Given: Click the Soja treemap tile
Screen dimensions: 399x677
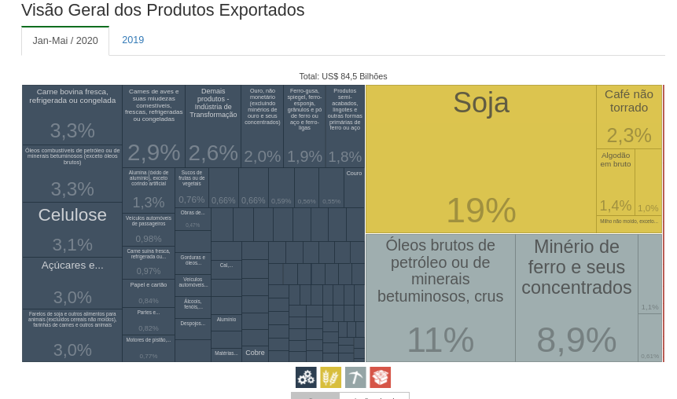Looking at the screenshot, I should point(480,157).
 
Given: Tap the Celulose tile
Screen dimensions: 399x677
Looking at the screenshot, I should point(72,229).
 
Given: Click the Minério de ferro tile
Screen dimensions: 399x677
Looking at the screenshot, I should point(576,297).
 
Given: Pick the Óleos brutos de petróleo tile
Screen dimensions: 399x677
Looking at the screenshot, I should point(440,297).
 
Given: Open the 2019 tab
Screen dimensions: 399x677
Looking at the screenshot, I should point(133,40).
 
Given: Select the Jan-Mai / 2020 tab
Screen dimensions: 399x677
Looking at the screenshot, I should point(65,41).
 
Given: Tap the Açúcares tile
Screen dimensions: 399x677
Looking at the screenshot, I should point(72,283).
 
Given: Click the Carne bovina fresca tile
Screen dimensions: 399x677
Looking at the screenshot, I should point(72,115).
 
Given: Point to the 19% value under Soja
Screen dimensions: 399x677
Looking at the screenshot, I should point(480,210).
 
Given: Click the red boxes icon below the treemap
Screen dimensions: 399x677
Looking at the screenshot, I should point(381,378).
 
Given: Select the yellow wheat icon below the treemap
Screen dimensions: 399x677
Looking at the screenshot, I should point(330,378).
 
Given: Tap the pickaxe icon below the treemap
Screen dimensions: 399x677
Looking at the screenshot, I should point(355,378).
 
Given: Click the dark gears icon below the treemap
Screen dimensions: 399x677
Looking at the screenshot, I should point(306,378).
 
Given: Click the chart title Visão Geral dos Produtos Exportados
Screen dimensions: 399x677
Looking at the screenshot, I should point(163,10).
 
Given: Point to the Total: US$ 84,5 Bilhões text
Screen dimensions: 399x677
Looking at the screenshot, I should point(343,76).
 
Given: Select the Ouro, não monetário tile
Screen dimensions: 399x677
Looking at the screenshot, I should point(263,126).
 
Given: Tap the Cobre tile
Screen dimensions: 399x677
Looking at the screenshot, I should point(255,353).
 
